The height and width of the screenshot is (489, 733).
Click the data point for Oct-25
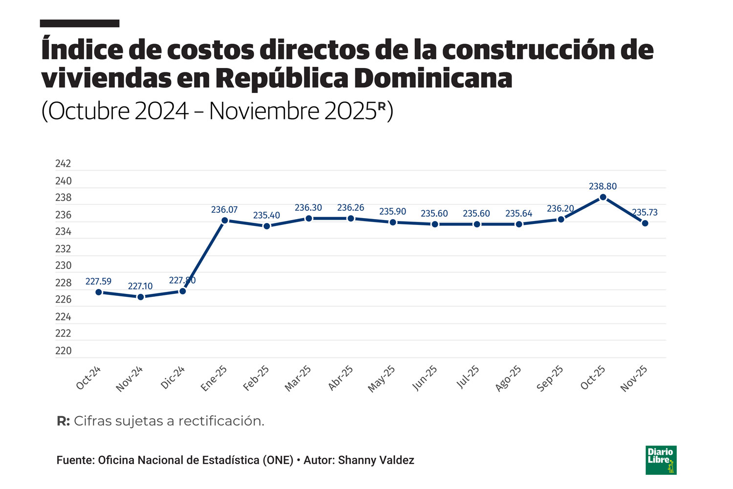tap(603, 197)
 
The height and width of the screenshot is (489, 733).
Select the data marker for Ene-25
tap(225, 221)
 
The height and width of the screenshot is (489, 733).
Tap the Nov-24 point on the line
tap(141, 297)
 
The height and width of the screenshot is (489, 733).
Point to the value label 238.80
tap(603, 186)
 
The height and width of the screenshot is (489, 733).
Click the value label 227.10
tap(140, 286)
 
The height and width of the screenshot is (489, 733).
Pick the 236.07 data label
tap(224, 210)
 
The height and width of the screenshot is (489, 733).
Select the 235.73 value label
tap(645, 212)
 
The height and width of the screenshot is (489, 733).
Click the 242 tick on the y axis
tap(63, 164)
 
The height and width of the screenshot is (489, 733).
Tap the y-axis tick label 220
tap(63, 351)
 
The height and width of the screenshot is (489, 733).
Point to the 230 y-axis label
tap(63, 266)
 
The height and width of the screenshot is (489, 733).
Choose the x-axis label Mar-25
tap(298, 378)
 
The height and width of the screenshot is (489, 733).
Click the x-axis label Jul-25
tap(468, 378)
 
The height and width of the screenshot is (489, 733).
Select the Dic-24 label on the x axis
tap(173, 378)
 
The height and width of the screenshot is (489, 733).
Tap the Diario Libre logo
tap(661, 460)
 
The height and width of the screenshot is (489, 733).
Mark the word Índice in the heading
tap(82, 50)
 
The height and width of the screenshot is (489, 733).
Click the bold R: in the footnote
tap(64, 421)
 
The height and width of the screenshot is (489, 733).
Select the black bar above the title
tap(80, 23)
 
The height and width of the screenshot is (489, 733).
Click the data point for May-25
tap(393, 222)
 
